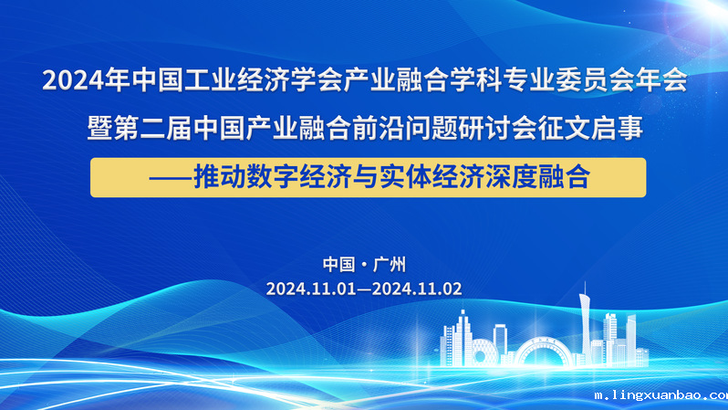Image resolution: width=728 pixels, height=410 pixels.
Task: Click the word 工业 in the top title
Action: [x=211, y=79]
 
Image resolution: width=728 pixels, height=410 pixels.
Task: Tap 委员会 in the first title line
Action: [x=595, y=79]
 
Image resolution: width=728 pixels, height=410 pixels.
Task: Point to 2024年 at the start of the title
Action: [x=87, y=79]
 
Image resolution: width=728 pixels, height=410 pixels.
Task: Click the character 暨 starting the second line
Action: [x=99, y=128]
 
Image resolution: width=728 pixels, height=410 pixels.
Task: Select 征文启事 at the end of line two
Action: [x=590, y=128]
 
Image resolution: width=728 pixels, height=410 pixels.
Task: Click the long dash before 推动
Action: [x=171, y=177]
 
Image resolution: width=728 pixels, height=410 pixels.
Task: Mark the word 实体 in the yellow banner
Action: [x=405, y=177]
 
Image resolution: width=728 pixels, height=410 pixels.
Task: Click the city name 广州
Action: [x=389, y=265]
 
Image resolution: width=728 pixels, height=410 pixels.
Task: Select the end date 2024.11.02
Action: [x=417, y=289]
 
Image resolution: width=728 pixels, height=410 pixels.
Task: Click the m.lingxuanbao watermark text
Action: [x=661, y=395]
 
